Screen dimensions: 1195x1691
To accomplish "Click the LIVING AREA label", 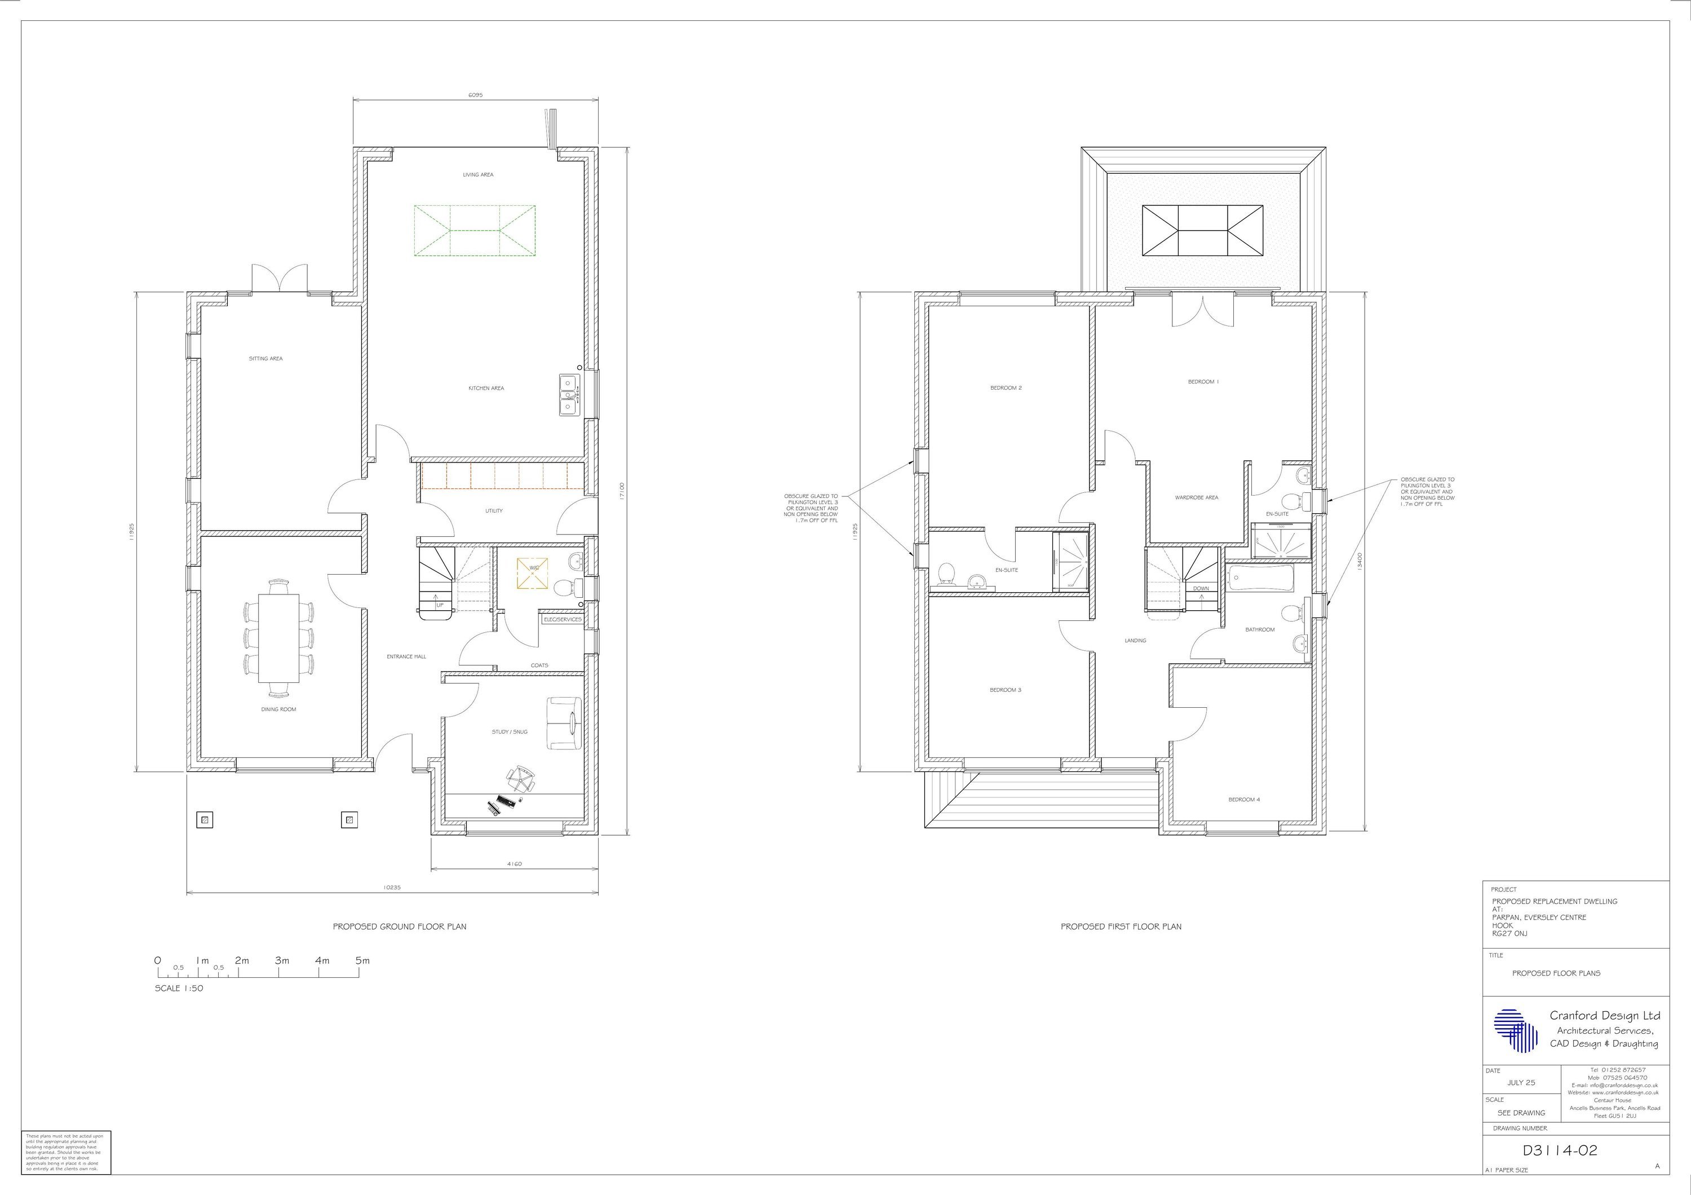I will pyautogui.click(x=478, y=175).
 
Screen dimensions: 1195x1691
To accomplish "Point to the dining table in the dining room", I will pyautogui.click(x=278, y=638).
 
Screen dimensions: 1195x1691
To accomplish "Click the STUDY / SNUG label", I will pyautogui.click(x=510, y=733).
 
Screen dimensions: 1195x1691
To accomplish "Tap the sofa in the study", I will pyautogui.click(x=564, y=723).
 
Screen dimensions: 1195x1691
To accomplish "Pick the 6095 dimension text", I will pyautogui.click(x=476, y=96).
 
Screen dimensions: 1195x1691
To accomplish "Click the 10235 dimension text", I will pyautogui.click(x=392, y=888).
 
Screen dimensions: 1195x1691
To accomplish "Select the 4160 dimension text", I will pyautogui.click(x=514, y=864).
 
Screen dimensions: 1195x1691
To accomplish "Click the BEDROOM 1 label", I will pyautogui.click(x=1203, y=382).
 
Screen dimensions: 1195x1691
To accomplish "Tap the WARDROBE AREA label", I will pyautogui.click(x=1196, y=498).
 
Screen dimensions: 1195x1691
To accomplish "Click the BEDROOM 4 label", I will pyautogui.click(x=1244, y=799).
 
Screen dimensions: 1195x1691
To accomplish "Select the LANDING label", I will pyautogui.click(x=1135, y=641).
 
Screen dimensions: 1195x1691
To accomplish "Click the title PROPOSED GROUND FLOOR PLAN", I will pyautogui.click(x=399, y=927).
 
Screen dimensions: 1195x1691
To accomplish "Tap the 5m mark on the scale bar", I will pyautogui.click(x=362, y=961).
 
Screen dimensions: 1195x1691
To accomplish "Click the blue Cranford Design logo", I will pyautogui.click(x=1515, y=1030).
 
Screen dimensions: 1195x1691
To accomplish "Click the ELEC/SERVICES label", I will pyautogui.click(x=562, y=620).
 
